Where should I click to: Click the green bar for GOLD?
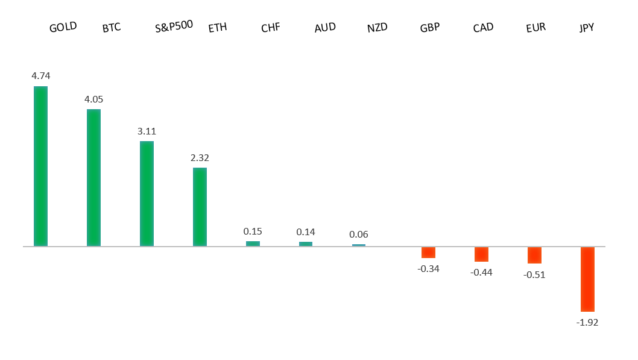point(40,166)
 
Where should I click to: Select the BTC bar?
point(93,177)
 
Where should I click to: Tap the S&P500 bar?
point(147,194)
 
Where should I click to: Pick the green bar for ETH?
point(200,207)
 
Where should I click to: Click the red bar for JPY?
point(587,279)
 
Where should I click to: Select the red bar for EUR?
point(534,255)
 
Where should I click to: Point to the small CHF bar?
point(253,244)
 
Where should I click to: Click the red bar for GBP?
point(428,253)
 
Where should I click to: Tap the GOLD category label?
point(63,28)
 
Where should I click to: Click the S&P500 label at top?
point(174,28)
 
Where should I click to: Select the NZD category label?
point(377,28)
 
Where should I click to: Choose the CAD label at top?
point(483,28)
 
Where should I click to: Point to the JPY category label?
point(587,28)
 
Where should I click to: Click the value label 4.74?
point(41,76)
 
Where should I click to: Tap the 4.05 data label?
point(94,99)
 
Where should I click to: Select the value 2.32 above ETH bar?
point(200,158)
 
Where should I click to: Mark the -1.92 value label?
point(587,323)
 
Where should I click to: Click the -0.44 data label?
point(481,273)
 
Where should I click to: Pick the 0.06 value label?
point(359,235)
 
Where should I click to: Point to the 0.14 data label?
point(306,232)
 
